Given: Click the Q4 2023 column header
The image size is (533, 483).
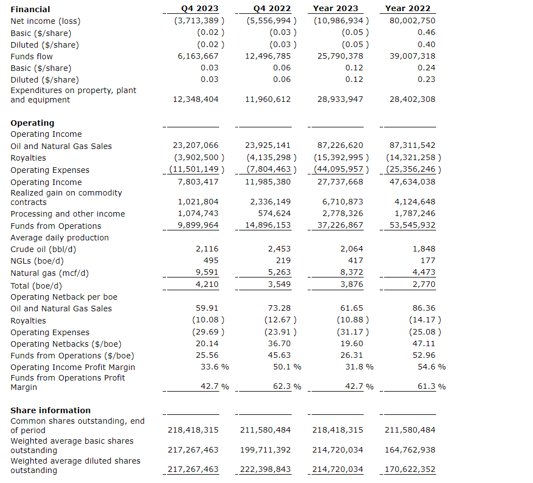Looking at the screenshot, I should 200,8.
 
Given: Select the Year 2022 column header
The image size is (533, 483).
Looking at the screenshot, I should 407,8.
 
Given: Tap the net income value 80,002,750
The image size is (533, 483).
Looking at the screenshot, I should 412,20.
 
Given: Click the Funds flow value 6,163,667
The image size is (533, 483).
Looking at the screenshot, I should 198,56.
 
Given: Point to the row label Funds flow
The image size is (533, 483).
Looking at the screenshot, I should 32,56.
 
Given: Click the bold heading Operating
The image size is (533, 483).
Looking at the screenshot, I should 33,122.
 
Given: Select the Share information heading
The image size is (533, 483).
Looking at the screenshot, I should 50,410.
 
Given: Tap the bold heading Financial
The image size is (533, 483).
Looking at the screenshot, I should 30,9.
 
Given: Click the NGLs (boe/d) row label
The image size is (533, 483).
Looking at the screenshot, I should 37,261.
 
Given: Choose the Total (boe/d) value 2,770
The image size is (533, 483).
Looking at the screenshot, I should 424,284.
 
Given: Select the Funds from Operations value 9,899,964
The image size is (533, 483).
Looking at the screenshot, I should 198,225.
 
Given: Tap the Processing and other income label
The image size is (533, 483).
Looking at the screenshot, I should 68,214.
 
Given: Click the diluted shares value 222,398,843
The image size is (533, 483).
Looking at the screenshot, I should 266,469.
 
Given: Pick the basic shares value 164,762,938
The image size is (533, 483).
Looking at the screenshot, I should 410,449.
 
